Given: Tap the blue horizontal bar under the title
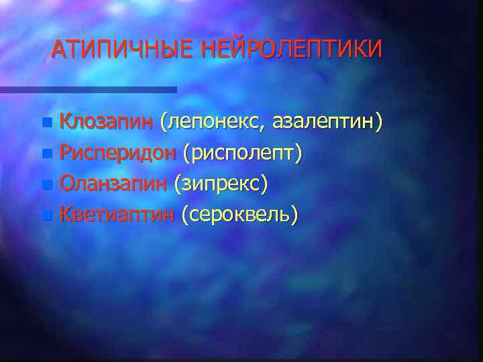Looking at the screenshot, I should point(87,89).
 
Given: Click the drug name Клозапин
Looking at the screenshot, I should point(107,122).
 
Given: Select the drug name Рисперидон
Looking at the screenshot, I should point(117,153).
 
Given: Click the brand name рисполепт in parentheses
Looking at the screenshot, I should point(246,154).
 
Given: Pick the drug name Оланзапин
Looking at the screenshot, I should point(114,183).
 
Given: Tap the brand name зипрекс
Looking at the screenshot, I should point(222,184).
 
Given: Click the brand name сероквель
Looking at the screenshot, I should point(240,214).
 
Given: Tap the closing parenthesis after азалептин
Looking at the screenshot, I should point(379,123).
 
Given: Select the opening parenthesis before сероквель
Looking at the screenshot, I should point(184,215).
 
